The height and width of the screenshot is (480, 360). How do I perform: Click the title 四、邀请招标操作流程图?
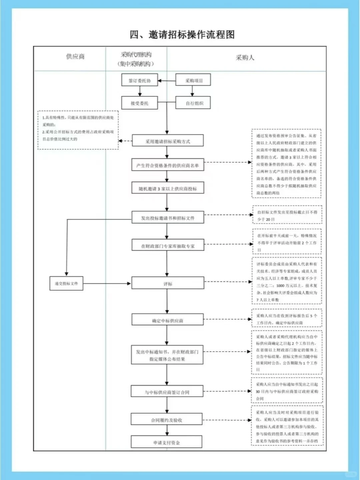tap(182, 34)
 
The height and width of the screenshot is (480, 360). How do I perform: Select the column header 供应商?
tap(75, 57)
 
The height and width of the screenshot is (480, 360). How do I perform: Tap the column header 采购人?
tap(245, 58)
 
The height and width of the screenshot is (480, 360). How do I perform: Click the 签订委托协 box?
tap(140, 80)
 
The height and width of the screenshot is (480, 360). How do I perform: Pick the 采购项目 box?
tap(194, 80)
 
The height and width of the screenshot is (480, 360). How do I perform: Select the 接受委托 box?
tap(140, 103)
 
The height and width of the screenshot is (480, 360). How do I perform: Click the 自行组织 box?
tap(194, 103)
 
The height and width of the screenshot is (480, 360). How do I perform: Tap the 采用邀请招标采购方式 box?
tap(168, 141)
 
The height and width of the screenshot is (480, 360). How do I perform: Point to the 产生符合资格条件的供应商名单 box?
tap(168, 165)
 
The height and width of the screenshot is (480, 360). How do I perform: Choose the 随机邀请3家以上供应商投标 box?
tap(168, 188)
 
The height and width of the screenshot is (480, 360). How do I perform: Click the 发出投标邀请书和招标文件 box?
tap(168, 218)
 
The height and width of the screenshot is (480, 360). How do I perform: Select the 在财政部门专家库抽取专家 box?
tap(168, 246)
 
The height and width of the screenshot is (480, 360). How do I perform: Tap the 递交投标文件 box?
tap(66, 283)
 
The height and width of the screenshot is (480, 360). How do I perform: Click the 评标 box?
tap(168, 284)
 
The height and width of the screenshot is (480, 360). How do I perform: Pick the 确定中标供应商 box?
tap(168, 320)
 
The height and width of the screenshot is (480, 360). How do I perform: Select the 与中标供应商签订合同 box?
tap(167, 392)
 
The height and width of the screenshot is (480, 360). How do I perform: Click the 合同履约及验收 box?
tap(167, 420)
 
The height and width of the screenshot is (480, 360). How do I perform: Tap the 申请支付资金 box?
tap(167, 442)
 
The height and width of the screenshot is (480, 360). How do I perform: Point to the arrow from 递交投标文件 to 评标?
tap(107, 283)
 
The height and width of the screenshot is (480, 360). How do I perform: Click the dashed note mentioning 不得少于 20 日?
tap(287, 215)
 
